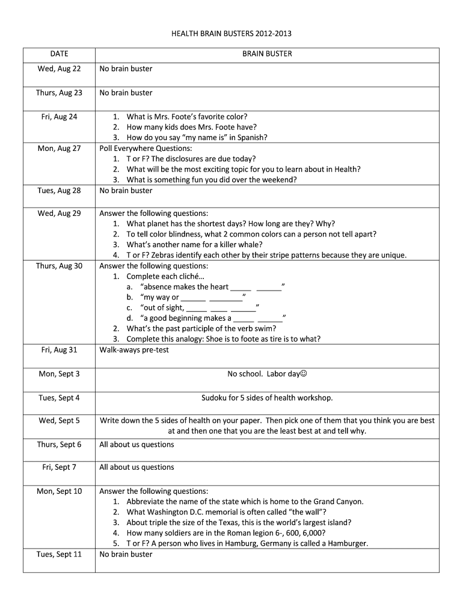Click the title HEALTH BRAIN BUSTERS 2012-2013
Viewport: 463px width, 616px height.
click(231, 34)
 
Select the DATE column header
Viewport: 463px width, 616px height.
click(59, 54)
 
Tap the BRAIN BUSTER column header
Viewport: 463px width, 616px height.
click(267, 54)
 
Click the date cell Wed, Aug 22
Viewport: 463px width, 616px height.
click(59, 69)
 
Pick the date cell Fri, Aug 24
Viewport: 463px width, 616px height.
click(59, 117)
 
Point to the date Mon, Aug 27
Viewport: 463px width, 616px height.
click(59, 149)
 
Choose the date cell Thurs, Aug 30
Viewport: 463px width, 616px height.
click(59, 266)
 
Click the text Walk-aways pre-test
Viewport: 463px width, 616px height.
click(134, 350)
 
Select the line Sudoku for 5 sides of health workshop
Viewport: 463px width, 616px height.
click(267, 398)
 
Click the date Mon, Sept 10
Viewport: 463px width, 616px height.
click(59, 491)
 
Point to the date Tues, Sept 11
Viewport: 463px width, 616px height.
click(59, 554)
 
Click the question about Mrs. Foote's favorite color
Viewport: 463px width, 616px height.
click(186, 117)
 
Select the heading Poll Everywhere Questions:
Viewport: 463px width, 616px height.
click(146, 149)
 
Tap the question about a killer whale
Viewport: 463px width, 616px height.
click(194, 245)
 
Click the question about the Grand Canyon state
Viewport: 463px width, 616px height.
click(245, 502)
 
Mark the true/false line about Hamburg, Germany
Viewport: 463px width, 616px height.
click(247, 544)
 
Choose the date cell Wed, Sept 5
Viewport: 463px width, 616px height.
click(59, 421)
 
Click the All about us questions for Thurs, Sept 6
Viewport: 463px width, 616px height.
click(136, 445)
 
